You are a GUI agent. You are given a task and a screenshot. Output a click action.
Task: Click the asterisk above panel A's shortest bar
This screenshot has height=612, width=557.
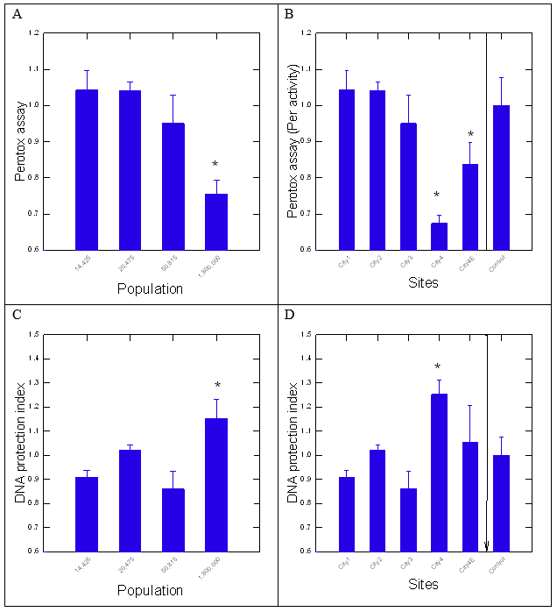coord(215,165)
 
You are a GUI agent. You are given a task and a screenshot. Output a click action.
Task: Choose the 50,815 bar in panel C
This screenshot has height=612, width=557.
coord(173,519)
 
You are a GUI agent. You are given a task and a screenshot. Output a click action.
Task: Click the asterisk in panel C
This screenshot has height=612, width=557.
coord(216,385)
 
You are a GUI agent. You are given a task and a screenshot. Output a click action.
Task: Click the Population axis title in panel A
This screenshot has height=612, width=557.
coord(151,288)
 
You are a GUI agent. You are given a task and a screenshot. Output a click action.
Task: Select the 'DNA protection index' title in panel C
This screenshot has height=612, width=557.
coord(20,444)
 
